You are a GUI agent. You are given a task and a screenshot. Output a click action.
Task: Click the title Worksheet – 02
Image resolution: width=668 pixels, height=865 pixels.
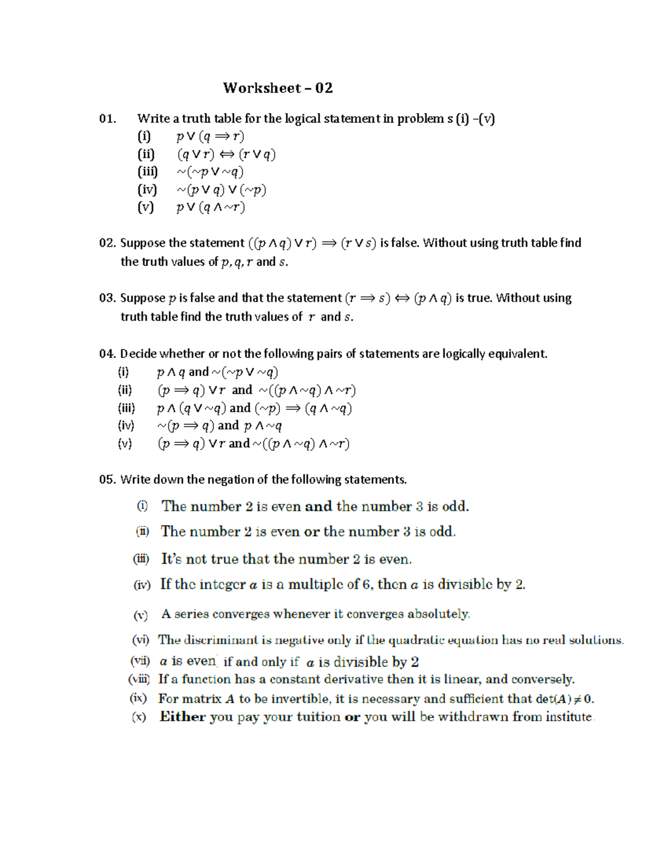[x=278, y=88]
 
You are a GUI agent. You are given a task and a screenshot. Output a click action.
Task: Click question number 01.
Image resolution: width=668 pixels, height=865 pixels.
[x=107, y=119]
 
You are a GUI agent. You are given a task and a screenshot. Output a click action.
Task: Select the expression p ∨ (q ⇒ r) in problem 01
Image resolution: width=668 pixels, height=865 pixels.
[x=210, y=136]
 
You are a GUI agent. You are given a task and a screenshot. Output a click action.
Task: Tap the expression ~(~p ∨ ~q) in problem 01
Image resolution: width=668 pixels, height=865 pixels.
[x=210, y=172]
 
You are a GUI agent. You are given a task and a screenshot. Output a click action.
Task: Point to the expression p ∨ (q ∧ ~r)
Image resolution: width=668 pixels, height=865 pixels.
[x=210, y=207]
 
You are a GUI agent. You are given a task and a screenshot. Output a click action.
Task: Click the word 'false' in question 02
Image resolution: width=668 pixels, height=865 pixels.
[x=399, y=243]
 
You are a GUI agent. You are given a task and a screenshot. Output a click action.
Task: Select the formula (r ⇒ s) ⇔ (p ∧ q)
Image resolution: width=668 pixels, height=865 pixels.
[x=398, y=298]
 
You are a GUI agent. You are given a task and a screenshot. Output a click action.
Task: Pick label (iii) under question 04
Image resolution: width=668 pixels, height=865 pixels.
[x=126, y=408]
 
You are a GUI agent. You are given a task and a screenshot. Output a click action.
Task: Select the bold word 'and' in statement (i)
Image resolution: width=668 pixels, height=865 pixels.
[x=318, y=506]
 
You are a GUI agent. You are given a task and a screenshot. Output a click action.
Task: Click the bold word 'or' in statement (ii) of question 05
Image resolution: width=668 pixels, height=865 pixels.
[x=312, y=532]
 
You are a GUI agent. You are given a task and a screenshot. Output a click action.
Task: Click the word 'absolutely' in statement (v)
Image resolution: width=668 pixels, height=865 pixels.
[x=439, y=614]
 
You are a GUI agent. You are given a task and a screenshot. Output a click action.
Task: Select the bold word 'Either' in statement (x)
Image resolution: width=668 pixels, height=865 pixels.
[x=183, y=717]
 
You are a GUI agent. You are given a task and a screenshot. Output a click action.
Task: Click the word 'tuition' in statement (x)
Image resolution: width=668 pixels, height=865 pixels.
[x=318, y=717]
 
